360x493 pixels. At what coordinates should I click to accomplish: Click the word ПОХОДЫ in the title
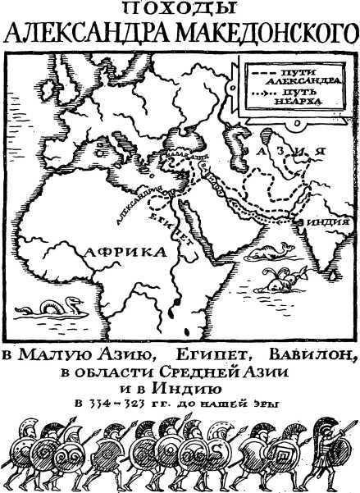click(x=180, y=8)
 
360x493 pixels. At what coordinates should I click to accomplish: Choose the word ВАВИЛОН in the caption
click(x=315, y=354)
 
